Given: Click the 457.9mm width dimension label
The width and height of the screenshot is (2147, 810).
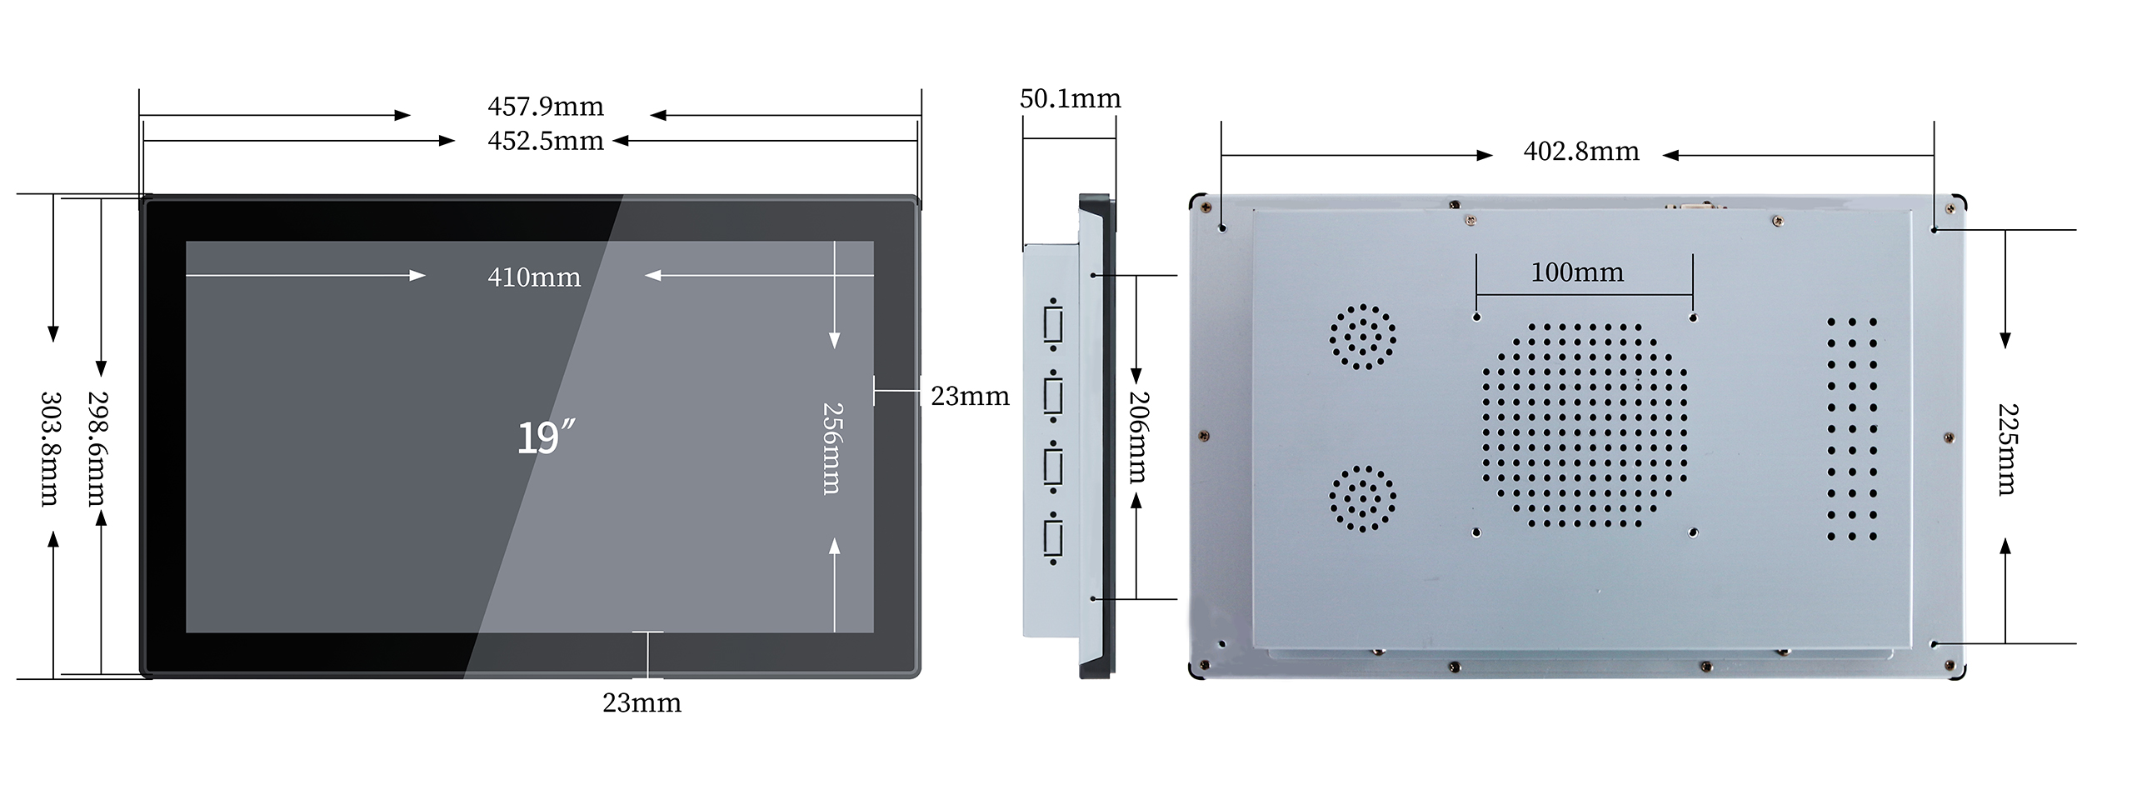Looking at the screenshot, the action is tap(546, 107).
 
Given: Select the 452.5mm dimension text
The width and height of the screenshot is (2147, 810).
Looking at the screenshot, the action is tap(546, 141).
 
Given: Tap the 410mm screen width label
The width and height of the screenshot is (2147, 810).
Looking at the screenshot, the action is tap(534, 277).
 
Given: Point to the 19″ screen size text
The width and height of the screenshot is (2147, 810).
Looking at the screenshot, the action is tap(546, 437).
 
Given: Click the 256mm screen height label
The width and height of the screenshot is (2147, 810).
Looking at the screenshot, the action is tap(832, 448).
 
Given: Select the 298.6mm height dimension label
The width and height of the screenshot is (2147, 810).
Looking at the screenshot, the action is tap(97, 449).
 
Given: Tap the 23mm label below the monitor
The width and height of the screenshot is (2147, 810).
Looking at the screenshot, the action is tap(642, 703).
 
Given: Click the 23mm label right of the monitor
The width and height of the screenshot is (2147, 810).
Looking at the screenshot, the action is tap(970, 397).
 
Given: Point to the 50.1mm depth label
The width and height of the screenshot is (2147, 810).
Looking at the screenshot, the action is tap(1070, 99).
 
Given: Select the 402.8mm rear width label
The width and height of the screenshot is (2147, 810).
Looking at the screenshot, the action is tap(1581, 152).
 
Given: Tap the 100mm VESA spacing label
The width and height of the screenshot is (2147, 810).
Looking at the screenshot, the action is tap(1577, 272).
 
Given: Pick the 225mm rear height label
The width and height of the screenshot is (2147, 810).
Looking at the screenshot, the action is tap(2008, 450).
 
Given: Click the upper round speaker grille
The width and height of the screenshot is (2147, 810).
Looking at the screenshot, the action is tap(1363, 337).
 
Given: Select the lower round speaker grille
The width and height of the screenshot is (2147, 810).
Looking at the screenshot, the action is tap(1363, 498).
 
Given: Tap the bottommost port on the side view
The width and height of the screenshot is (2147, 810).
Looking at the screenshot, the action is tap(1052, 538).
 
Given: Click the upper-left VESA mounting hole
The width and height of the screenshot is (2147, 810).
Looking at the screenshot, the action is tap(1477, 317).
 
